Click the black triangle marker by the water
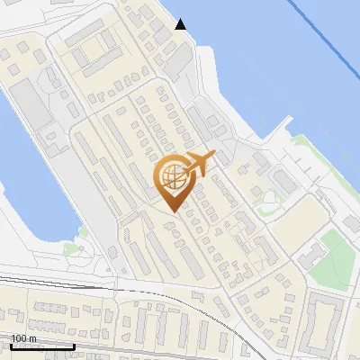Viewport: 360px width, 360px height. point(181,24)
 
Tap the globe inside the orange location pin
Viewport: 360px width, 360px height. point(172,176)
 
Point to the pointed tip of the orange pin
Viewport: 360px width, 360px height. point(172,211)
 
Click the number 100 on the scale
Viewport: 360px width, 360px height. point(19,338)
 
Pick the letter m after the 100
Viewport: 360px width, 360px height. point(32,338)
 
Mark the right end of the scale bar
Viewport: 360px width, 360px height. point(74,346)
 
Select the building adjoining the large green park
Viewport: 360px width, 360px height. point(311,256)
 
